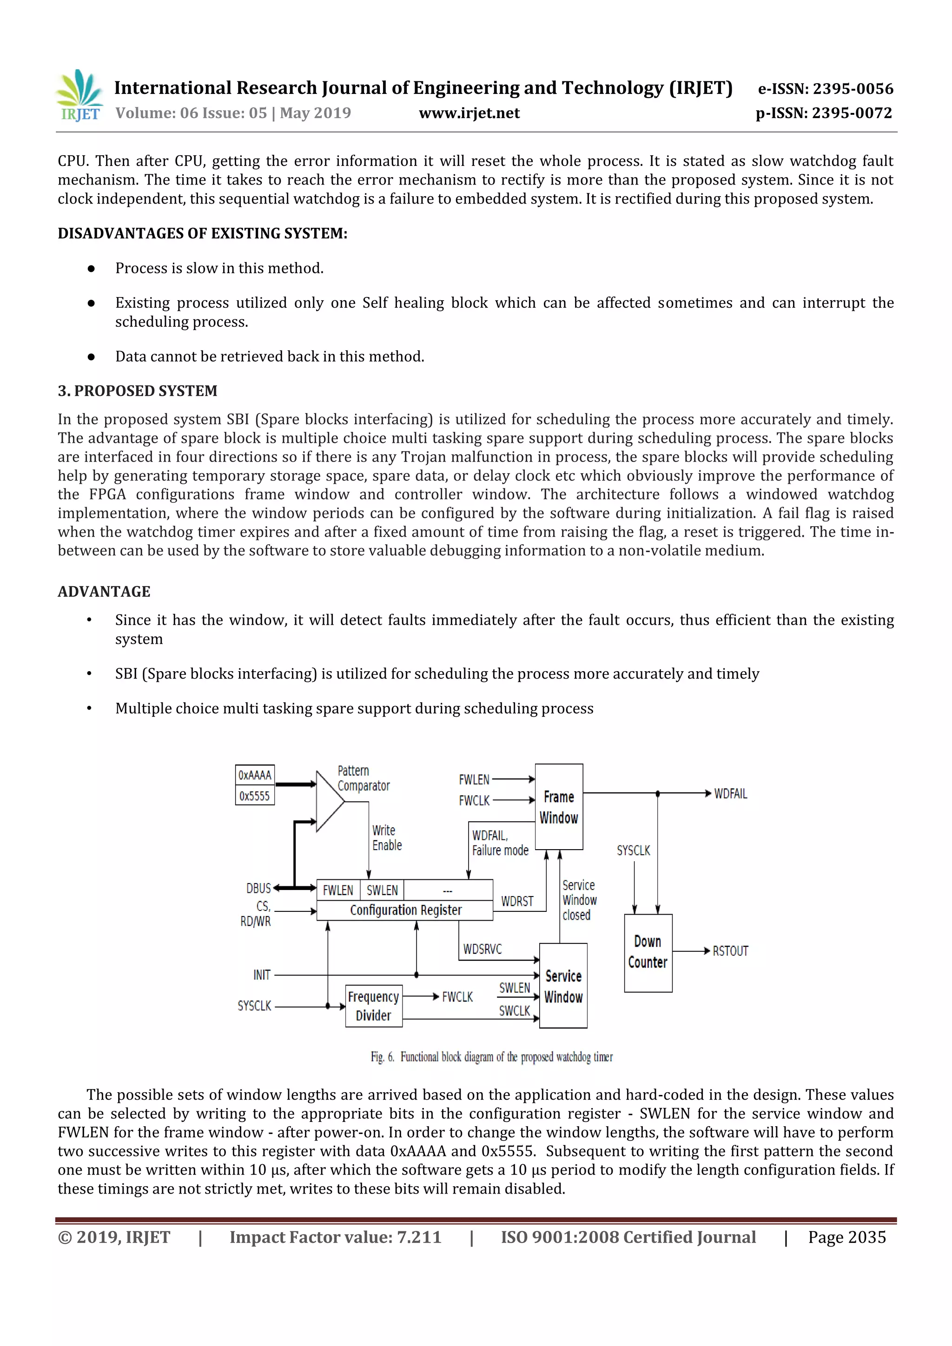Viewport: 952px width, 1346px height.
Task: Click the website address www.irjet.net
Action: tap(469, 113)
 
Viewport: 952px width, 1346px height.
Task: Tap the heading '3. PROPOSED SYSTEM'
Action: tap(137, 391)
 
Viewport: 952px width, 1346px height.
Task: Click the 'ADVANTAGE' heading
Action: tap(104, 592)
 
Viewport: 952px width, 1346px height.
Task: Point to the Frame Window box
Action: tap(559, 807)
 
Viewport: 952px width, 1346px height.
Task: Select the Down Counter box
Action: tap(648, 953)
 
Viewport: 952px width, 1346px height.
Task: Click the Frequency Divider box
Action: tap(373, 1006)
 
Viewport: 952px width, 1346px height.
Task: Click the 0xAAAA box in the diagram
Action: tap(254, 775)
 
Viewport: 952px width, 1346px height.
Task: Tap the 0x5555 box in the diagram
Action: tap(254, 796)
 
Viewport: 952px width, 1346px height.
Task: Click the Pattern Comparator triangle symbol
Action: tap(328, 801)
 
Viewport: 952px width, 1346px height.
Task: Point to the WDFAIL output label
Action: tap(730, 794)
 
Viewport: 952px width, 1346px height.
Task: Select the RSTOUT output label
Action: tap(730, 951)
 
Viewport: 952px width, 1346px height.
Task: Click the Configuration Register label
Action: tap(406, 910)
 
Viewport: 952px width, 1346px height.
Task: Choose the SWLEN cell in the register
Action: tap(382, 891)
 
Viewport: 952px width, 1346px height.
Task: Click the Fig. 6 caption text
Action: tap(491, 1057)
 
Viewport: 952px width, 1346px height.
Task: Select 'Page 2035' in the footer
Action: tap(846, 1237)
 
